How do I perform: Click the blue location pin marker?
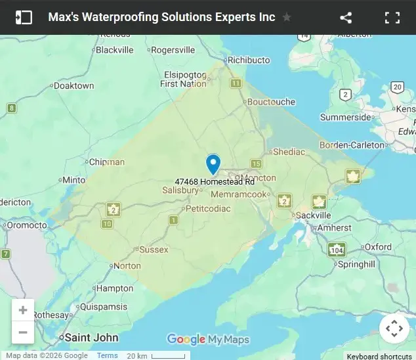[213, 164]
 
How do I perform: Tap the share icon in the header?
[346, 18]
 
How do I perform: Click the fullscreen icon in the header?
[392, 18]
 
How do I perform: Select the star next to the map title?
[287, 18]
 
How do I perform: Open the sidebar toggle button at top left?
[24, 18]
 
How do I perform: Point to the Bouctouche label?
[271, 102]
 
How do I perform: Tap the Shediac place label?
[289, 152]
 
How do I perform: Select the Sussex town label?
[154, 250]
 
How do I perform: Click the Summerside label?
[346, 118]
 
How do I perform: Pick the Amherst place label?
[335, 227]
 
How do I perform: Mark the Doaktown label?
[73, 85]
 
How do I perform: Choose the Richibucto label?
[248, 60]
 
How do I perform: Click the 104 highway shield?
[337, 250]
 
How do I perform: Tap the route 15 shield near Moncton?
[256, 164]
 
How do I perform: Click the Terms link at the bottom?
[108, 355]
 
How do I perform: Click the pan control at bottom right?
[394, 328]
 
